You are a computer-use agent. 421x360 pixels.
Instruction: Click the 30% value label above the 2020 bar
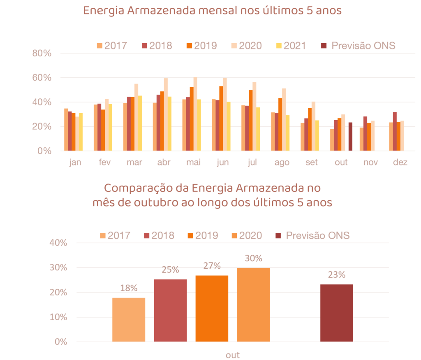[253, 258]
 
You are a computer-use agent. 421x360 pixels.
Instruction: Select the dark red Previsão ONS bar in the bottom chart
[336, 313]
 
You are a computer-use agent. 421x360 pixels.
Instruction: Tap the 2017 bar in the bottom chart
[129, 319]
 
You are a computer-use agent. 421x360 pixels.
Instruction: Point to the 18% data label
[129, 288]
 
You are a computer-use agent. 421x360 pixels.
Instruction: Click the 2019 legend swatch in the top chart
[189, 45]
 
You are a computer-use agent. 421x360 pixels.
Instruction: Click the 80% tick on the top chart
[42, 53]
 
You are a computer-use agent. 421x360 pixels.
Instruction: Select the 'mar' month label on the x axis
[134, 163]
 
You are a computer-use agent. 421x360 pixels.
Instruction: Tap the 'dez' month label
[400, 163]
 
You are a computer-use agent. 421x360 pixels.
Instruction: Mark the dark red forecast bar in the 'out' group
[350, 137]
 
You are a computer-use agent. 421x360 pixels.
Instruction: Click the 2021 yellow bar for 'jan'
[81, 132]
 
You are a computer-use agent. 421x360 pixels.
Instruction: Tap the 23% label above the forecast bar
[336, 274]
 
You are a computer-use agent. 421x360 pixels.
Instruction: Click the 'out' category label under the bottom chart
[233, 355]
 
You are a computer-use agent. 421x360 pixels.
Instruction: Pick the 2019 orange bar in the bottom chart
[212, 308]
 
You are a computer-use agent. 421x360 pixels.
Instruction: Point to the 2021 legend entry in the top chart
[291, 45]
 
